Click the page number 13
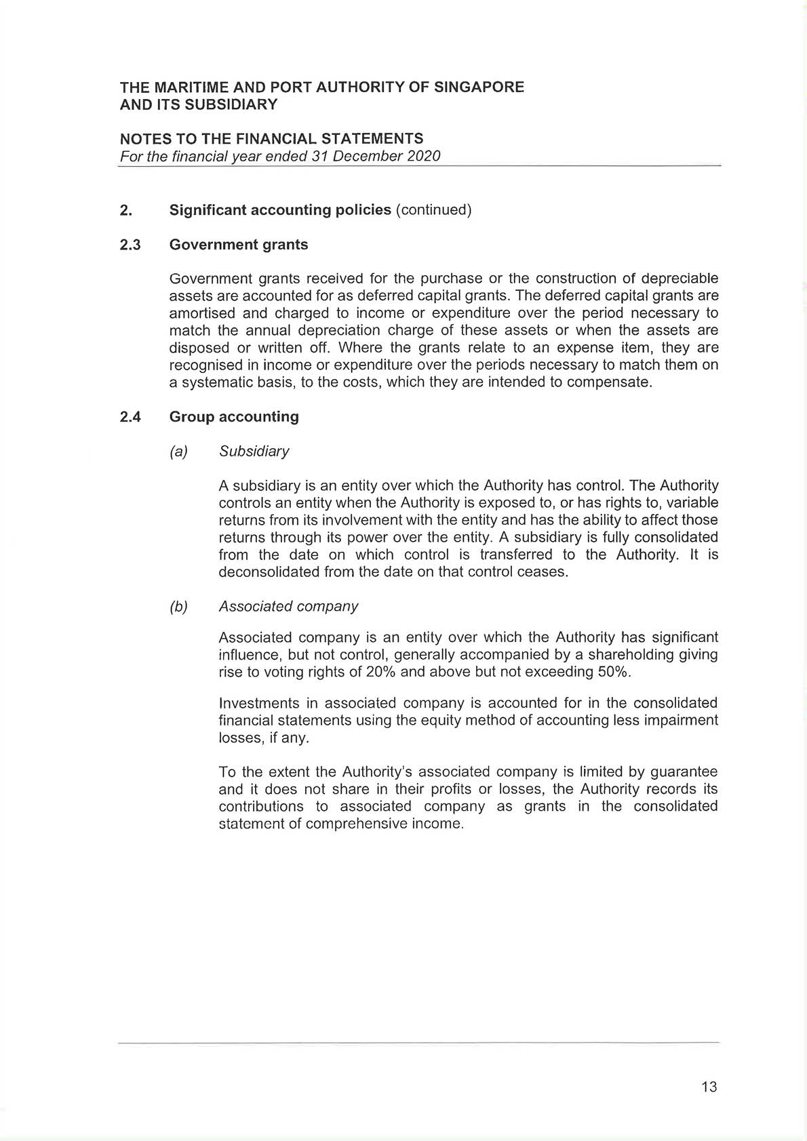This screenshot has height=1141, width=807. tap(709, 1087)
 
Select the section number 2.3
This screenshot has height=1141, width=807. tap(130, 245)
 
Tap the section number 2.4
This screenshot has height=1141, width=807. tap(130, 417)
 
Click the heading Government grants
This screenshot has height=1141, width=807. tap(238, 245)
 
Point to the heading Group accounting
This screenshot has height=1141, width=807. tap(234, 417)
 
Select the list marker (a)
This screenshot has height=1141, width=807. tap(178, 452)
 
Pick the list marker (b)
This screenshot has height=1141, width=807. tap(178, 607)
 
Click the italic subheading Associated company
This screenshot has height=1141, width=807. tap(288, 607)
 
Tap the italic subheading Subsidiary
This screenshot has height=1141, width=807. tap(254, 452)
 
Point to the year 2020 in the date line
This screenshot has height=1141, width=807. tap(423, 156)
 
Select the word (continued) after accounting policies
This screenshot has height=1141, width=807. tap(433, 210)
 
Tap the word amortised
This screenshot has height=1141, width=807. tap(201, 313)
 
